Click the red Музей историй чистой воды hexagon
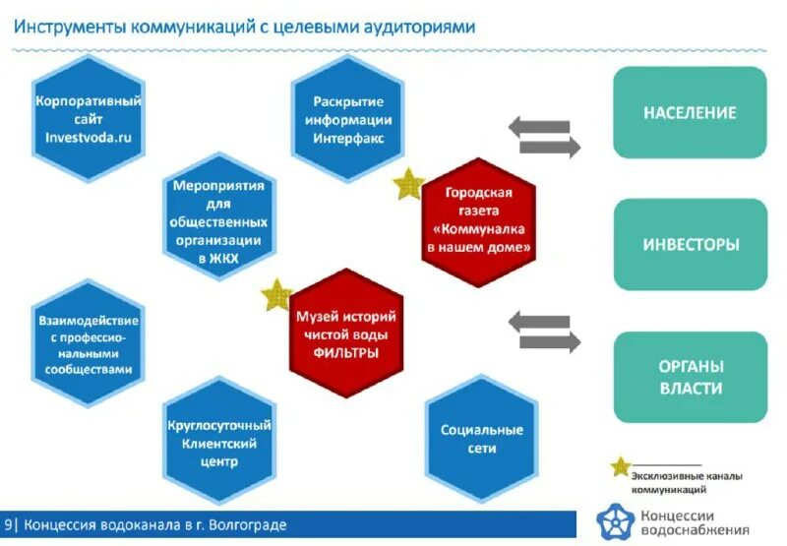point(346,334)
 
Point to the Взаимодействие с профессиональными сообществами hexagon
point(89,343)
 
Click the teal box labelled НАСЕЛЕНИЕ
point(690,113)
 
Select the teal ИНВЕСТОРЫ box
point(690,244)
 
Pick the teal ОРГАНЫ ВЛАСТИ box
point(690,377)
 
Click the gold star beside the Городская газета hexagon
point(407,184)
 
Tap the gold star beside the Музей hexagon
point(277,295)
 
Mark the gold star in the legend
point(620,468)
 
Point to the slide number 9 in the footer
point(9,524)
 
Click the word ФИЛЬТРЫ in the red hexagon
point(346,353)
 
